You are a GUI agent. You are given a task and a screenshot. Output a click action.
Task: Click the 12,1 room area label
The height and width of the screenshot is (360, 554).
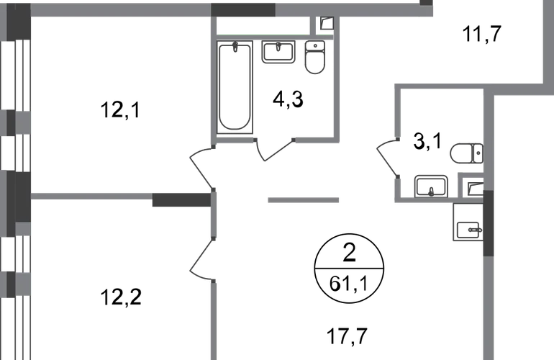[120, 109]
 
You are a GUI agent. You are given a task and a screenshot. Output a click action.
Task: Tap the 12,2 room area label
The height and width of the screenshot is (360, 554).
[121, 297]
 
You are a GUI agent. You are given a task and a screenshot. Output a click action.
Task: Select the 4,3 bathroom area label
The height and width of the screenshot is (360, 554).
[288, 99]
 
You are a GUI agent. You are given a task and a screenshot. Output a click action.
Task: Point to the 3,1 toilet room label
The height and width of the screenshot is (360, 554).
[427, 141]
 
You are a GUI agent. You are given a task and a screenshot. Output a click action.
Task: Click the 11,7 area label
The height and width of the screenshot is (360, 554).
[482, 34]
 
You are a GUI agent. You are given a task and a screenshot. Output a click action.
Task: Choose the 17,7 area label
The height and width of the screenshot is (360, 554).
[348, 336]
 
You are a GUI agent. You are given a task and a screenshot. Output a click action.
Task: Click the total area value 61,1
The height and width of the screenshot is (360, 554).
[349, 284]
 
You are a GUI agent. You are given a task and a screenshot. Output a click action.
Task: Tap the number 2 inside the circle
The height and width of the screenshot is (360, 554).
[349, 253]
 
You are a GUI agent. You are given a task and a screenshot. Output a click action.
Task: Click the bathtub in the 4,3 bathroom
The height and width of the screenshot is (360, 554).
[235, 87]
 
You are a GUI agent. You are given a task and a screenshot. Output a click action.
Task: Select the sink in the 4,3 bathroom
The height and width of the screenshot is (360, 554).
[278, 52]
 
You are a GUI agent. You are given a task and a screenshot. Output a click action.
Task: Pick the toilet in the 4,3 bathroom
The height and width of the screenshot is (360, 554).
[315, 58]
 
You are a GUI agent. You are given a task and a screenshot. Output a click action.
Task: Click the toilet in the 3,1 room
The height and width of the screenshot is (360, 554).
[466, 153]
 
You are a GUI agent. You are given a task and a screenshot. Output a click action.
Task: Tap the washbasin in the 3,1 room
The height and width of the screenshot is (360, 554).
[431, 186]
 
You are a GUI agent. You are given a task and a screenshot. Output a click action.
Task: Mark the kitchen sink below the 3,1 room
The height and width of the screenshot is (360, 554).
[468, 230]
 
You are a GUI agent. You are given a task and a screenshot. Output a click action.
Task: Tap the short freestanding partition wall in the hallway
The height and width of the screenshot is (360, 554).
[303, 200]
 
